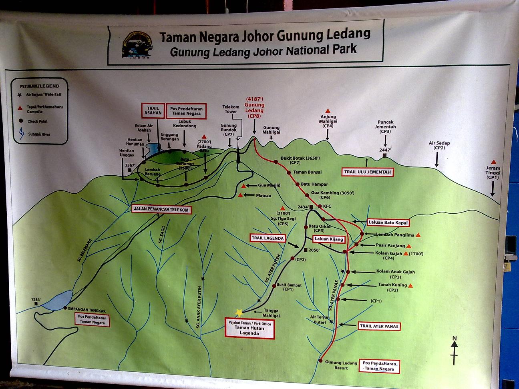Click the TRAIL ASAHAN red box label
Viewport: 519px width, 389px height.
pyautogui.click(x=153, y=110)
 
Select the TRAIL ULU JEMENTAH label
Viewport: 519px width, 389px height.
pyautogui.click(x=367, y=172)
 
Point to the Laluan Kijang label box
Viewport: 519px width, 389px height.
pyautogui.click(x=329, y=239)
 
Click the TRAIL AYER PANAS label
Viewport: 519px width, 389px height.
pyautogui.click(x=379, y=326)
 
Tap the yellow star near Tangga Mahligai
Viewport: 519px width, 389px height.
pyautogui.click(x=239, y=312)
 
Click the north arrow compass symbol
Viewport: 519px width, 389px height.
pyautogui.click(x=455, y=351)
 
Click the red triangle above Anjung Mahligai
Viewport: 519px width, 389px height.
pyautogui.click(x=328, y=110)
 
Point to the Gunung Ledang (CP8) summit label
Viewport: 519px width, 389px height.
pyautogui.click(x=255, y=107)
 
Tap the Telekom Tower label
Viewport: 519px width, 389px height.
pyautogui.click(x=231, y=109)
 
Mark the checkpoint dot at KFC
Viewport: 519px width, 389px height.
pyautogui.click(x=320, y=206)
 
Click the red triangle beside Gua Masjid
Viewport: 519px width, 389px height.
pyautogui.click(x=243, y=186)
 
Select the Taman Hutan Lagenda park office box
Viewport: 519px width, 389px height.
pyautogui.click(x=249, y=328)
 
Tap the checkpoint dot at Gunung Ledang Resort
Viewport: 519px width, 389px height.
pyautogui.click(x=321, y=361)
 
